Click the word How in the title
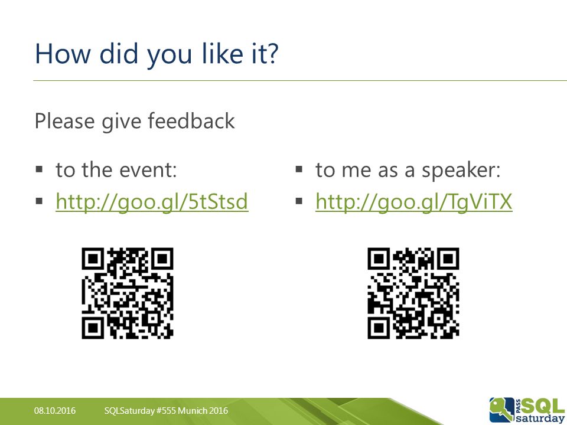pos(63,54)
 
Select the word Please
pos(65,120)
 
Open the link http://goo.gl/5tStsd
pos(152,202)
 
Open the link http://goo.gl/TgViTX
pos(413,202)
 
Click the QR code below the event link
pos(128,293)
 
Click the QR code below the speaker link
pos(413,293)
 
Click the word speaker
pos(461,170)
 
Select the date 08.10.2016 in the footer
pos(55,411)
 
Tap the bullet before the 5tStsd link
pos(39,201)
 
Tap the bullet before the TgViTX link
pos(299,201)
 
